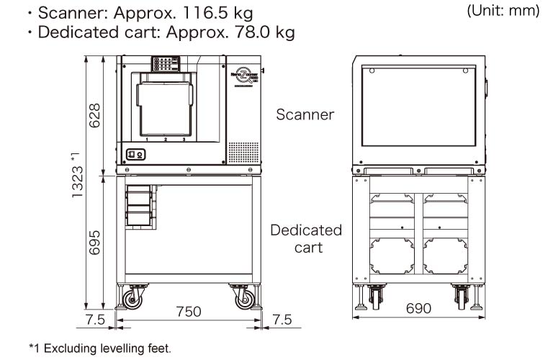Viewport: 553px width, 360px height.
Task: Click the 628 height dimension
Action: [x=94, y=116]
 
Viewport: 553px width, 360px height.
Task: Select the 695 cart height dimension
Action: [x=94, y=242]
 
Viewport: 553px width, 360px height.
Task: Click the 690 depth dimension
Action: [x=418, y=308]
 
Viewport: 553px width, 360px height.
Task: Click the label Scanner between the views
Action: [x=306, y=114]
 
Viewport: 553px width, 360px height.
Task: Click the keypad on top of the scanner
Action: [x=165, y=64]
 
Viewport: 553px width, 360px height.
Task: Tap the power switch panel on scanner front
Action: [x=135, y=153]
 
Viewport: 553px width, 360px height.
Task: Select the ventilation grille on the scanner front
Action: [x=240, y=152]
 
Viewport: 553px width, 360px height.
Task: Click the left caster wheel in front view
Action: [x=135, y=296]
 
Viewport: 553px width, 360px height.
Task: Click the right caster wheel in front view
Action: [x=243, y=296]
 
